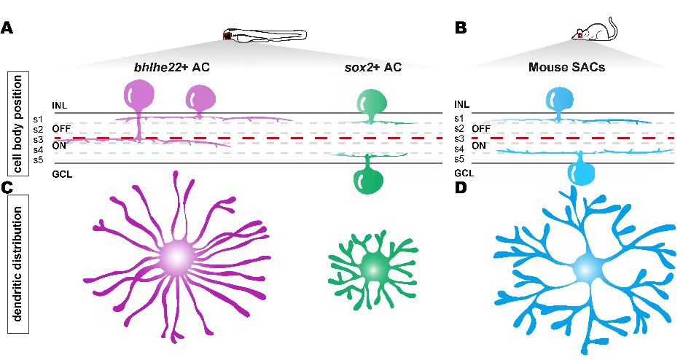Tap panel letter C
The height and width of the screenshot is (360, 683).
pyautogui.click(x=7, y=187)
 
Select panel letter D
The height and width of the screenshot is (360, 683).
pyautogui.click(x=460, y=187)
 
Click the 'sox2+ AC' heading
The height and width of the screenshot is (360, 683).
pyautogui.click(x=372, y=69)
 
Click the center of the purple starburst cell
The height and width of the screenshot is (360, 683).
pyautogui.click(x=175, y=257)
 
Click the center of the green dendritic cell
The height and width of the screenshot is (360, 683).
pyautogui.click(x=372, y=267)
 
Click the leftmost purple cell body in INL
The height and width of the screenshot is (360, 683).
pyautogui.click(x=140, y=97)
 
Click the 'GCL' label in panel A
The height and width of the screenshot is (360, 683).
pyautogui.click(x=60, y=173)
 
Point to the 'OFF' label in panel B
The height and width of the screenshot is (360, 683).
pyautogui.click(x=481, y=129)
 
